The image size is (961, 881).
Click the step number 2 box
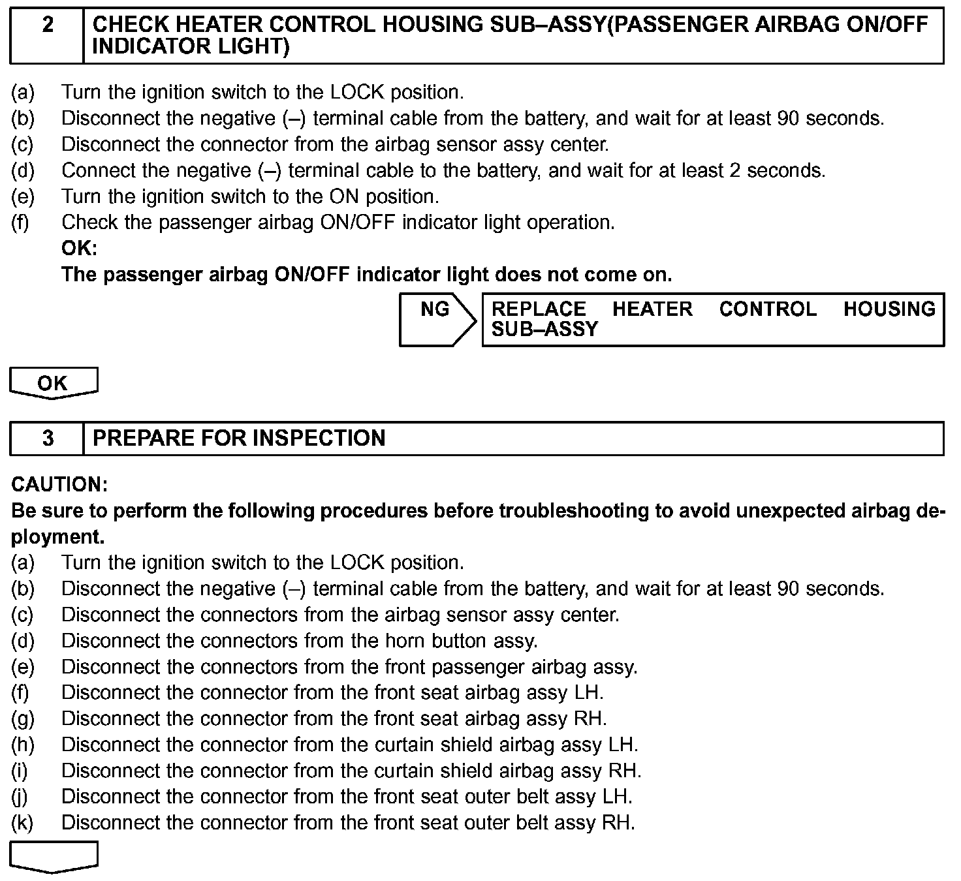[48, 35]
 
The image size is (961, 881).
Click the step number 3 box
[48, 438]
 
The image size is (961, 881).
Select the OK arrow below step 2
[53, 383]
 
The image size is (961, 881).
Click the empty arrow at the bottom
[54, 856]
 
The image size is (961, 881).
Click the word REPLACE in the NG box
[539, 309]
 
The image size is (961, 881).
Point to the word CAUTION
[59, 485]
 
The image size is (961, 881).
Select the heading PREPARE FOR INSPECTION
[239, 438]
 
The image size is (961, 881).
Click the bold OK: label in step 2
[79, 249]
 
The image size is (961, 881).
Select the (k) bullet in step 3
[22, 823]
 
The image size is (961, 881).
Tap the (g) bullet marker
[22, 719]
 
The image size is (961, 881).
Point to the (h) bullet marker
[22, 745]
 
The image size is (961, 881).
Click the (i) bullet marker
[20, 771]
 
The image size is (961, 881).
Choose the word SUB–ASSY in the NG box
[544, 329]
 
